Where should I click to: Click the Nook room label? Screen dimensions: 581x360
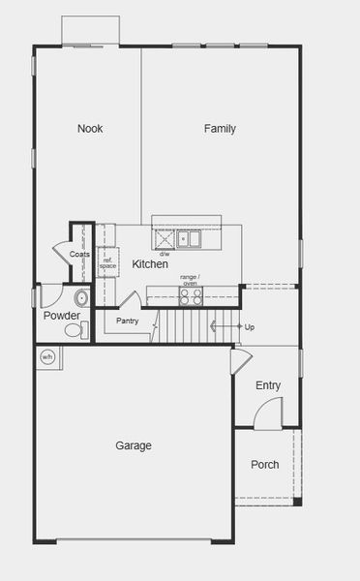(91, 129)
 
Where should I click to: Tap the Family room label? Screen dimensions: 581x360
(220, 129)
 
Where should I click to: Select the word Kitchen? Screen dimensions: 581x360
(150, 264)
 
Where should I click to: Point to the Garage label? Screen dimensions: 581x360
(134, 445)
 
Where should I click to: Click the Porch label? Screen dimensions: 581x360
(264, 465)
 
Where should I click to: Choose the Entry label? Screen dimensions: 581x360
(268, 385)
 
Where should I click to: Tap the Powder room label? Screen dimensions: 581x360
(61, 316)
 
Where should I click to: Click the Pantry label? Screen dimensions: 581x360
(128, 321)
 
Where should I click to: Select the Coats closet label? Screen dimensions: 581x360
(79, 255)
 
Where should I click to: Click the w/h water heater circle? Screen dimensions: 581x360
(47, 357)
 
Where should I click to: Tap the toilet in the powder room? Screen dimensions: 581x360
(74, 331)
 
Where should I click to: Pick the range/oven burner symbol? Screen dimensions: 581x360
(191, 296)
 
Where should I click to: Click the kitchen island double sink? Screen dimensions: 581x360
(189, 238)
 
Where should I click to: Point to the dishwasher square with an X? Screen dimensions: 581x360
(163, 238)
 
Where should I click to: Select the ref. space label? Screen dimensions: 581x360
(108, 261)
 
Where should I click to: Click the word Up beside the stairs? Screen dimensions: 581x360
(250, 327)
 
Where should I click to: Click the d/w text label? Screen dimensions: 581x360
(165, 255)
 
